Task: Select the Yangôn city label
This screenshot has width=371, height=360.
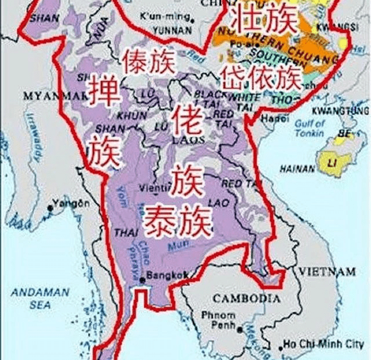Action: [71, 203]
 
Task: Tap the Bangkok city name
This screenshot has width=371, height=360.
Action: [168, 275]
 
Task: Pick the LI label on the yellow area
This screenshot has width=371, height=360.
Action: [332, 160]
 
